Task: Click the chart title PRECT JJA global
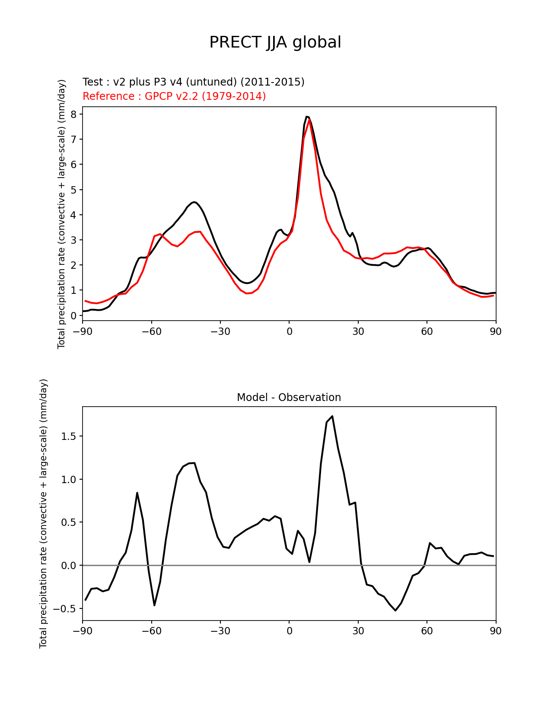tap(275, 42)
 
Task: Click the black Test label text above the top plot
tap(193, 82)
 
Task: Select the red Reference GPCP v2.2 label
tap(174, 96)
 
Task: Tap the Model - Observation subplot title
tap(289, 397)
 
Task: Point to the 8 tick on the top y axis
tap(73, 114)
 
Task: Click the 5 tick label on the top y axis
tap(73, 190)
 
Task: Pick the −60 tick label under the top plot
tap(151, 331)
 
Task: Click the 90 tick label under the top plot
tap(496, 331)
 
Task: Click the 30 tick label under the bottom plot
tap(358, 631)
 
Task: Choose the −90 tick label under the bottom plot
tap(83, 631)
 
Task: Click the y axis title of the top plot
tap(62, 214)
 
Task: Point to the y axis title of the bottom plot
tap(43, 513)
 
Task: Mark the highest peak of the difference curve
tap(332, 416)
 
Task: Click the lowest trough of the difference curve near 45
tap(395, 610)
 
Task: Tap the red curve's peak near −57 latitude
tap(160, 234)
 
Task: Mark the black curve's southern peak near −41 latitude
tap(194, 202)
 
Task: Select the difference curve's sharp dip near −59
tap(154, 605)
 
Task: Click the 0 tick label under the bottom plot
tap(289, 631)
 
